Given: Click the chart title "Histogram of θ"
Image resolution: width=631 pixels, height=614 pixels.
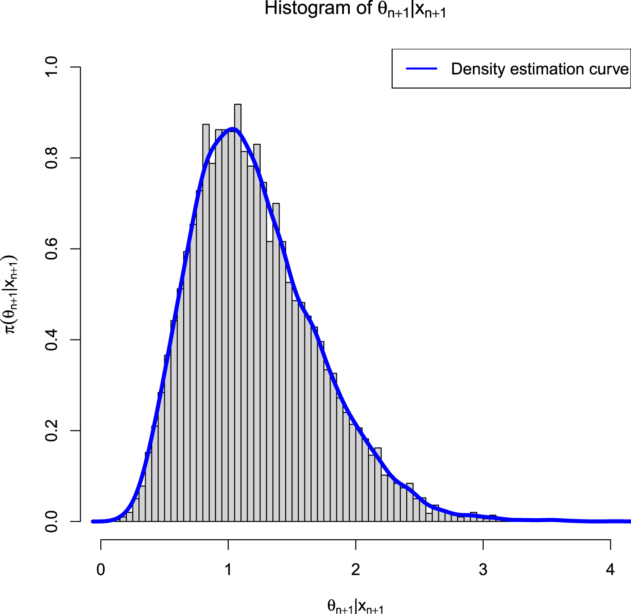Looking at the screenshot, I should point(355,9).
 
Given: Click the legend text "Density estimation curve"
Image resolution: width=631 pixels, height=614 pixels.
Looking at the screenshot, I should point(540,69).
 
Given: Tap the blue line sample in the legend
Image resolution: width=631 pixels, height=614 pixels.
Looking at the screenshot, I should point(421,69).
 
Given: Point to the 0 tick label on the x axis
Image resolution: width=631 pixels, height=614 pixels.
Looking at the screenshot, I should point(101,570).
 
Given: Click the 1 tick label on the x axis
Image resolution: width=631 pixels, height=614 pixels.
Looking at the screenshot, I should point(228,570).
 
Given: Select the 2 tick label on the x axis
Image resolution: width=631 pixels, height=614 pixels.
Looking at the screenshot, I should point(356,570).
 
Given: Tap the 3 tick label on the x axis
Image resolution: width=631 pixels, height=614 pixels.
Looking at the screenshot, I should point(483,570).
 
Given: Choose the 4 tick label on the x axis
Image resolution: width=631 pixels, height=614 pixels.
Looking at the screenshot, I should point(610,570).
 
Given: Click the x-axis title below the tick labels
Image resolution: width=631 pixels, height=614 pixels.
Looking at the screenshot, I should point(355,606).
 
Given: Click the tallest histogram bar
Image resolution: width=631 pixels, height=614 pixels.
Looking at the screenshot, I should point(238,313).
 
